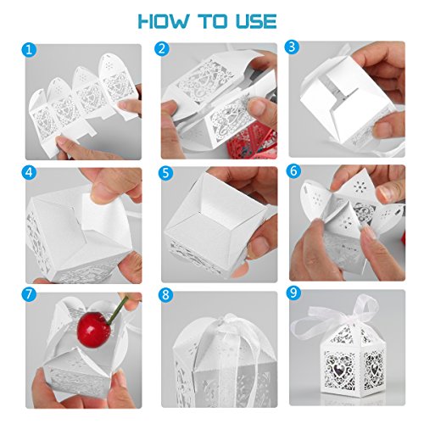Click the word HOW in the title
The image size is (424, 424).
tap(164, 21)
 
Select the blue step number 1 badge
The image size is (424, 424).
tap(29, 50)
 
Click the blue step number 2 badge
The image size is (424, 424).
tap(162, 49)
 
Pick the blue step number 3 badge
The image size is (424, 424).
tap(292, 47)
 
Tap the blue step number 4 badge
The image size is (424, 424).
tap(29, 172)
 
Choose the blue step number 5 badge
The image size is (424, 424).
tap(165, 173)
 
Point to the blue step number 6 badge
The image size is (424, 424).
tap(294, 171)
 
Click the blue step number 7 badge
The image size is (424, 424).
tap(29, 295)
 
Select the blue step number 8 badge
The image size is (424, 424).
tap(165, 295)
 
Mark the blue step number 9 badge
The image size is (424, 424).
tap(294, 293)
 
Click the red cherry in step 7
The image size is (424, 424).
tap(93, 330)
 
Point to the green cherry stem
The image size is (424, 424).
tap(119, 310)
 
